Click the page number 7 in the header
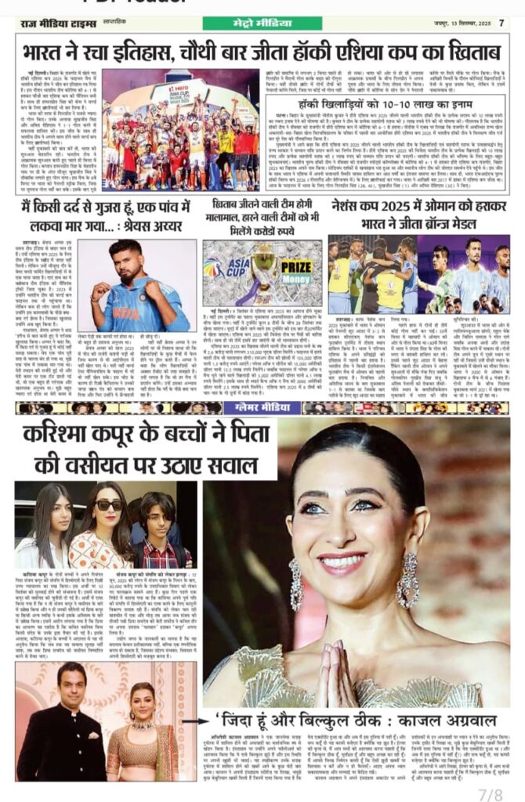coord(501,23)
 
